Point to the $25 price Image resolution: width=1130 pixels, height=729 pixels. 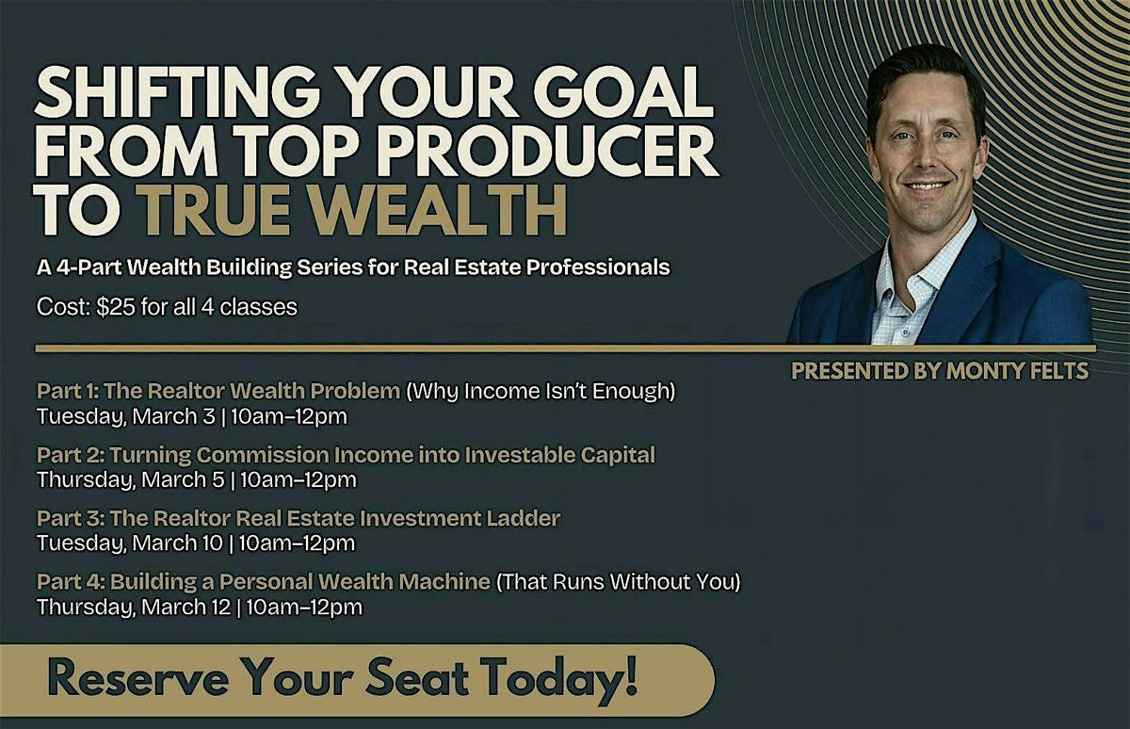pos(117,307)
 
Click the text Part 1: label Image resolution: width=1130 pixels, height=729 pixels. pos(68,391)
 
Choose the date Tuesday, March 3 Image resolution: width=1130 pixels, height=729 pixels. pos(126,416)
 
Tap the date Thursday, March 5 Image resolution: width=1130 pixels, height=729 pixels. pos(131,480)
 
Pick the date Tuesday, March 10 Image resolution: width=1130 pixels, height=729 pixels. pos(130,543)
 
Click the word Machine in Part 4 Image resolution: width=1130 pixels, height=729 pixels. pos(444,582)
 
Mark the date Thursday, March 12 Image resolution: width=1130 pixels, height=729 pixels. pos(134,607)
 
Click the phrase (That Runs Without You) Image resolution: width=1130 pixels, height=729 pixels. pos(619,582)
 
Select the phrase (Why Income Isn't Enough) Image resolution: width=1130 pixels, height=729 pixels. pos(541,392)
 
